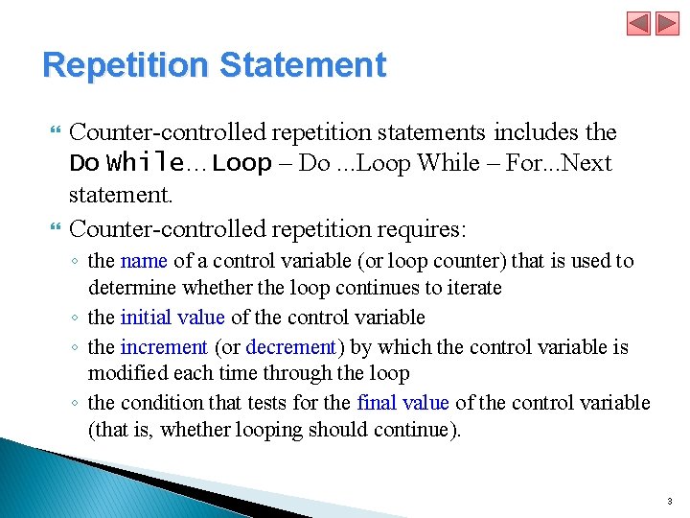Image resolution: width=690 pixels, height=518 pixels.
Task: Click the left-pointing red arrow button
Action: [x=639, y=23]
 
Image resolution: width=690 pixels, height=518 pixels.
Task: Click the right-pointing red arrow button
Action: [x=667, y=23]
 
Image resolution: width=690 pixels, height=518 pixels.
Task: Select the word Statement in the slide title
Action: [x=302, y=65]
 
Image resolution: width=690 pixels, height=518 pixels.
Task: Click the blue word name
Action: [x=144, y=261]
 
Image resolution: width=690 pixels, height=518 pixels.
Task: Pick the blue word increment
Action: [x=164, y=346]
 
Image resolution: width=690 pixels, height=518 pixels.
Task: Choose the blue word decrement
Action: [x=290, y=346]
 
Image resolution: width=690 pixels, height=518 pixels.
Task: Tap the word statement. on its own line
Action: [x=121, y=196]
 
